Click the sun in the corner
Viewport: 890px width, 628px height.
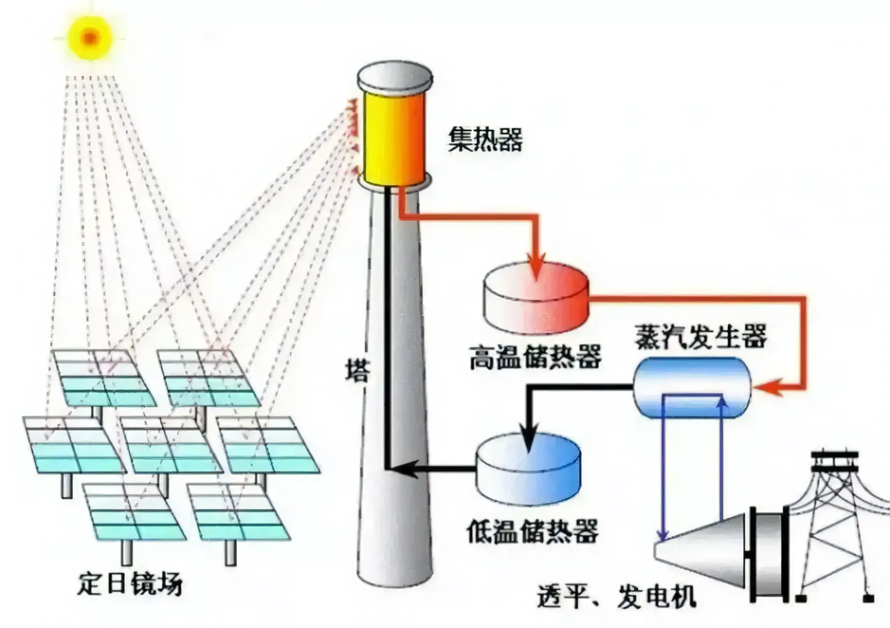point(90,38)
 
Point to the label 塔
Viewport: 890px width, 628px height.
point(357,371)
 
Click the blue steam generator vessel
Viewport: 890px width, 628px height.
point(692,387)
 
